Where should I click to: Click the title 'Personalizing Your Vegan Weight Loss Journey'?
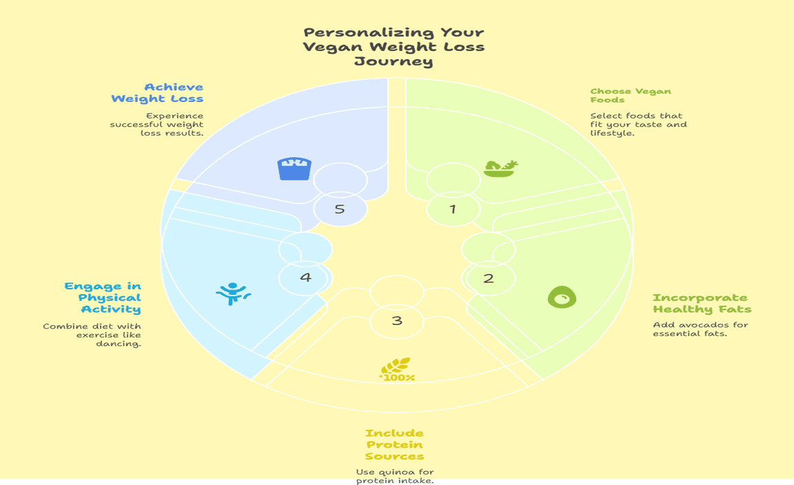coord(394,47)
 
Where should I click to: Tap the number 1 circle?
coord(453,209)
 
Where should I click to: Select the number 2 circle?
coord(489,278)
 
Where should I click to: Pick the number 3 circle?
coord(397,320)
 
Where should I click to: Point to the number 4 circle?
coord(305,278)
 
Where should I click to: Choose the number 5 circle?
coord(340,209)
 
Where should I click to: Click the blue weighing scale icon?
coord(294,168)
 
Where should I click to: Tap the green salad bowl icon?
coord(500,168)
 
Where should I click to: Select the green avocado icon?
coord(562,297)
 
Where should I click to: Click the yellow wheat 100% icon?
coord(398,370)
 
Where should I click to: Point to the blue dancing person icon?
coord(233,293)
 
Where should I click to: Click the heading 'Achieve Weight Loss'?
coord(157,92)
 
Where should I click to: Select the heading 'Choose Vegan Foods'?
coord(630,95)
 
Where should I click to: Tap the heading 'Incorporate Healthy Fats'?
coord(702,303)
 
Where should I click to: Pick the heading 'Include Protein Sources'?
coord(394,444)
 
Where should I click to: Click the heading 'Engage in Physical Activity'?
coord(103,298)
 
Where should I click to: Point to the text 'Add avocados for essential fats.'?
coord(700,329)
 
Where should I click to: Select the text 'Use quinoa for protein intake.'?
coord(394,476)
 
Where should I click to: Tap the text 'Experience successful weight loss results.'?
coord(157,124)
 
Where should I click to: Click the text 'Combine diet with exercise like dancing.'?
coord(92,335)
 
